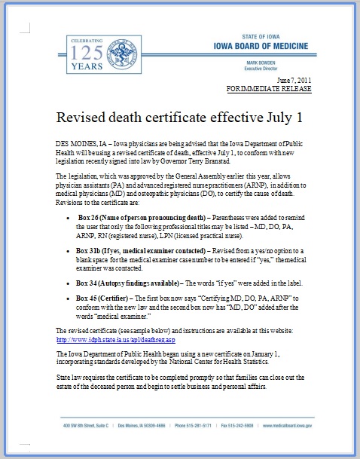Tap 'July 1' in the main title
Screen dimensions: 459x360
pyautogui.click(x=264, y=118)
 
